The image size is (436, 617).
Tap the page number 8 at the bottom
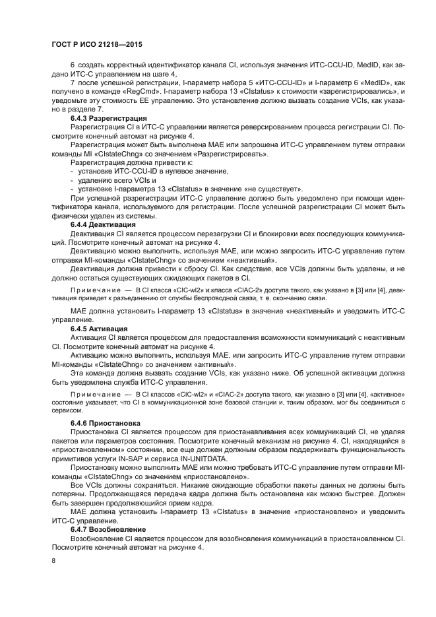click(x=53, y=560)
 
